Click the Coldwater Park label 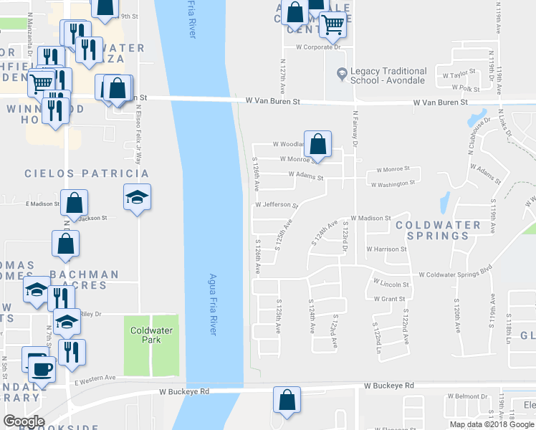click(150, 335)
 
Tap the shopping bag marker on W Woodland click(317, 143)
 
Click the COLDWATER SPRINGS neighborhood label click(438, 230)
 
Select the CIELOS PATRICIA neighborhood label click(87, 173)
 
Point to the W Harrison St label click(386, 249)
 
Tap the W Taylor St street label click(460, 74)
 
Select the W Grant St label click(389, 298)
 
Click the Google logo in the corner click(24, 421)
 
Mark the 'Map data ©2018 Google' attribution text click(492, 424)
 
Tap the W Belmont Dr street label click(467, 396)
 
